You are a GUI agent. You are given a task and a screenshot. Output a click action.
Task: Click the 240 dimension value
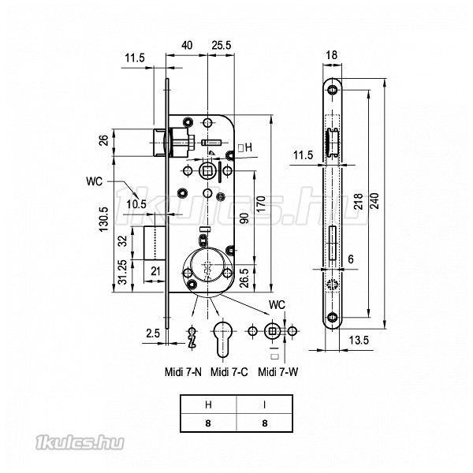pyautogui.click(x=374, y=201)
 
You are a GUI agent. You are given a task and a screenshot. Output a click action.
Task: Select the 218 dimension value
pyautogui.click(x=358, y=202)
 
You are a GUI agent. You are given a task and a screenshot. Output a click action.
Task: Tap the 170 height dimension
pyautogui.click(x=262, y=203)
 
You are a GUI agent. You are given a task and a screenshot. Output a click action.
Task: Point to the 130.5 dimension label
pyautogui.click(x=104, y=219)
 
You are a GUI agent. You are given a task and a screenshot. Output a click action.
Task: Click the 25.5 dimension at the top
pyautogui.click(x=221, y=45)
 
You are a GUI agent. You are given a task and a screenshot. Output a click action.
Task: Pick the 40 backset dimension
pyautogui.click(x=187, y=45)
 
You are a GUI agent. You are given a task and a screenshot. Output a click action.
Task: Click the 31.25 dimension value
pyautogui.click(x=122, y=273)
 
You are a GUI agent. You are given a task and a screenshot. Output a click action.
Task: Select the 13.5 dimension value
pyautogui.click(x=359, y=341)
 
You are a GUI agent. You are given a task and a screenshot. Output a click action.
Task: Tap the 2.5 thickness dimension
pyautogui.click(x=153, y=333)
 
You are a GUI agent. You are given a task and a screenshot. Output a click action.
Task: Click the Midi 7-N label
pyautogui.click(x=183, y=372)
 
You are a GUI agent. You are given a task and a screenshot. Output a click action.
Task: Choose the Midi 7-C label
pyautogui.click(x=229, y=372)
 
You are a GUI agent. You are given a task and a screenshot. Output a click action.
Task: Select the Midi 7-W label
pyautogui.click(x=277, y=372)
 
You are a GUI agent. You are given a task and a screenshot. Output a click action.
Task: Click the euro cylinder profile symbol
pyautogui.click(x=222, y=338)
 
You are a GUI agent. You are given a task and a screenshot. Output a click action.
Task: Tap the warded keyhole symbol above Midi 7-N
pyautogui.click(x=192, y=337)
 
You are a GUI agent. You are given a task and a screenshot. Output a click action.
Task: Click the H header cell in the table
pyautogui.click(x=208, y=404)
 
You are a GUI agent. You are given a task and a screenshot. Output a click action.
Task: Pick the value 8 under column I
pyautogui.click(x=265, y=423)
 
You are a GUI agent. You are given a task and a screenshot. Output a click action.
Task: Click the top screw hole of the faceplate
pyautogui.click(x=333, y=90)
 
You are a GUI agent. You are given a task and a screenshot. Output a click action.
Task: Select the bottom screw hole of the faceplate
pyautogui.click(x=333, y=317)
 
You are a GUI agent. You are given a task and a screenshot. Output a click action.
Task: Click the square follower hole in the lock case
pyautogui.click(x=207, y=171)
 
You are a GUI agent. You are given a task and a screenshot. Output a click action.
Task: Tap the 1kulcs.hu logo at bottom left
pyautogui.click(x=80, y=443)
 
